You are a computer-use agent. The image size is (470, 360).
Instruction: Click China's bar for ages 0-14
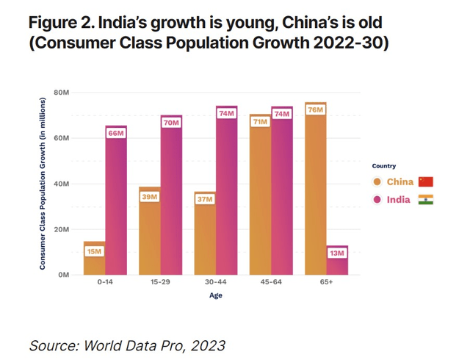pyautogui.click(x=95, y=258)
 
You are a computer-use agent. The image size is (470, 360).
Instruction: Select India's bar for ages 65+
pyautogui.click(x=337, y=261)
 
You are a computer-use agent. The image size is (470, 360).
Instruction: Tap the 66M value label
pyautogui.click(x=115, y=133)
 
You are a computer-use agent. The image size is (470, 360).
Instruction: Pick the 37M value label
pyautogui.click(x=205, y=199)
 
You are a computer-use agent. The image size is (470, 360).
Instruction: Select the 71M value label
pyautogui.click(x=260, y=122)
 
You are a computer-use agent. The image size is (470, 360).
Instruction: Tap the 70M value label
pyautogui.click(x=171, y=123)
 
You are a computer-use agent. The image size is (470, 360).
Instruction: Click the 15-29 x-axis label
pyautogui.click(x=160, y=281)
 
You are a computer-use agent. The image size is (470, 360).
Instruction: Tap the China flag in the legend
pyautogui.click(x=426, y=181)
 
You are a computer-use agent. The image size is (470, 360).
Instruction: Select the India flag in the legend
pyautogui.click(x=426, y=199)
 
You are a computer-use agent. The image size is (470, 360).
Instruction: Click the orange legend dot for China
pyautogui.click(x=377, y=181)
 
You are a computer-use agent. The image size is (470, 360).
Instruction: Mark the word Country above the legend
pyautogui.click(x=384, y=166)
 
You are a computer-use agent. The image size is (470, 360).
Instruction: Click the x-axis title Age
pyautogui.click(x=214, y=295)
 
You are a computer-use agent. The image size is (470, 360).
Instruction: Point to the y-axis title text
pyautogui.click(x=43, y=184)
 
